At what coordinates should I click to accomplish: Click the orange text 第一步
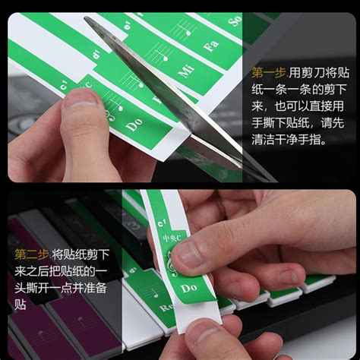(x=267, y=74)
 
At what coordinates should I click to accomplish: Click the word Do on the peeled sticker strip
(x=189, y=288)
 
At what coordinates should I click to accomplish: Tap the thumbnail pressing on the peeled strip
(x=190, y=254)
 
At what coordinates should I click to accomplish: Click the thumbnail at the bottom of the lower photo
(x=202, y=331)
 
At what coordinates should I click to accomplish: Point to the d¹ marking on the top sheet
(x=96, y=55)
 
